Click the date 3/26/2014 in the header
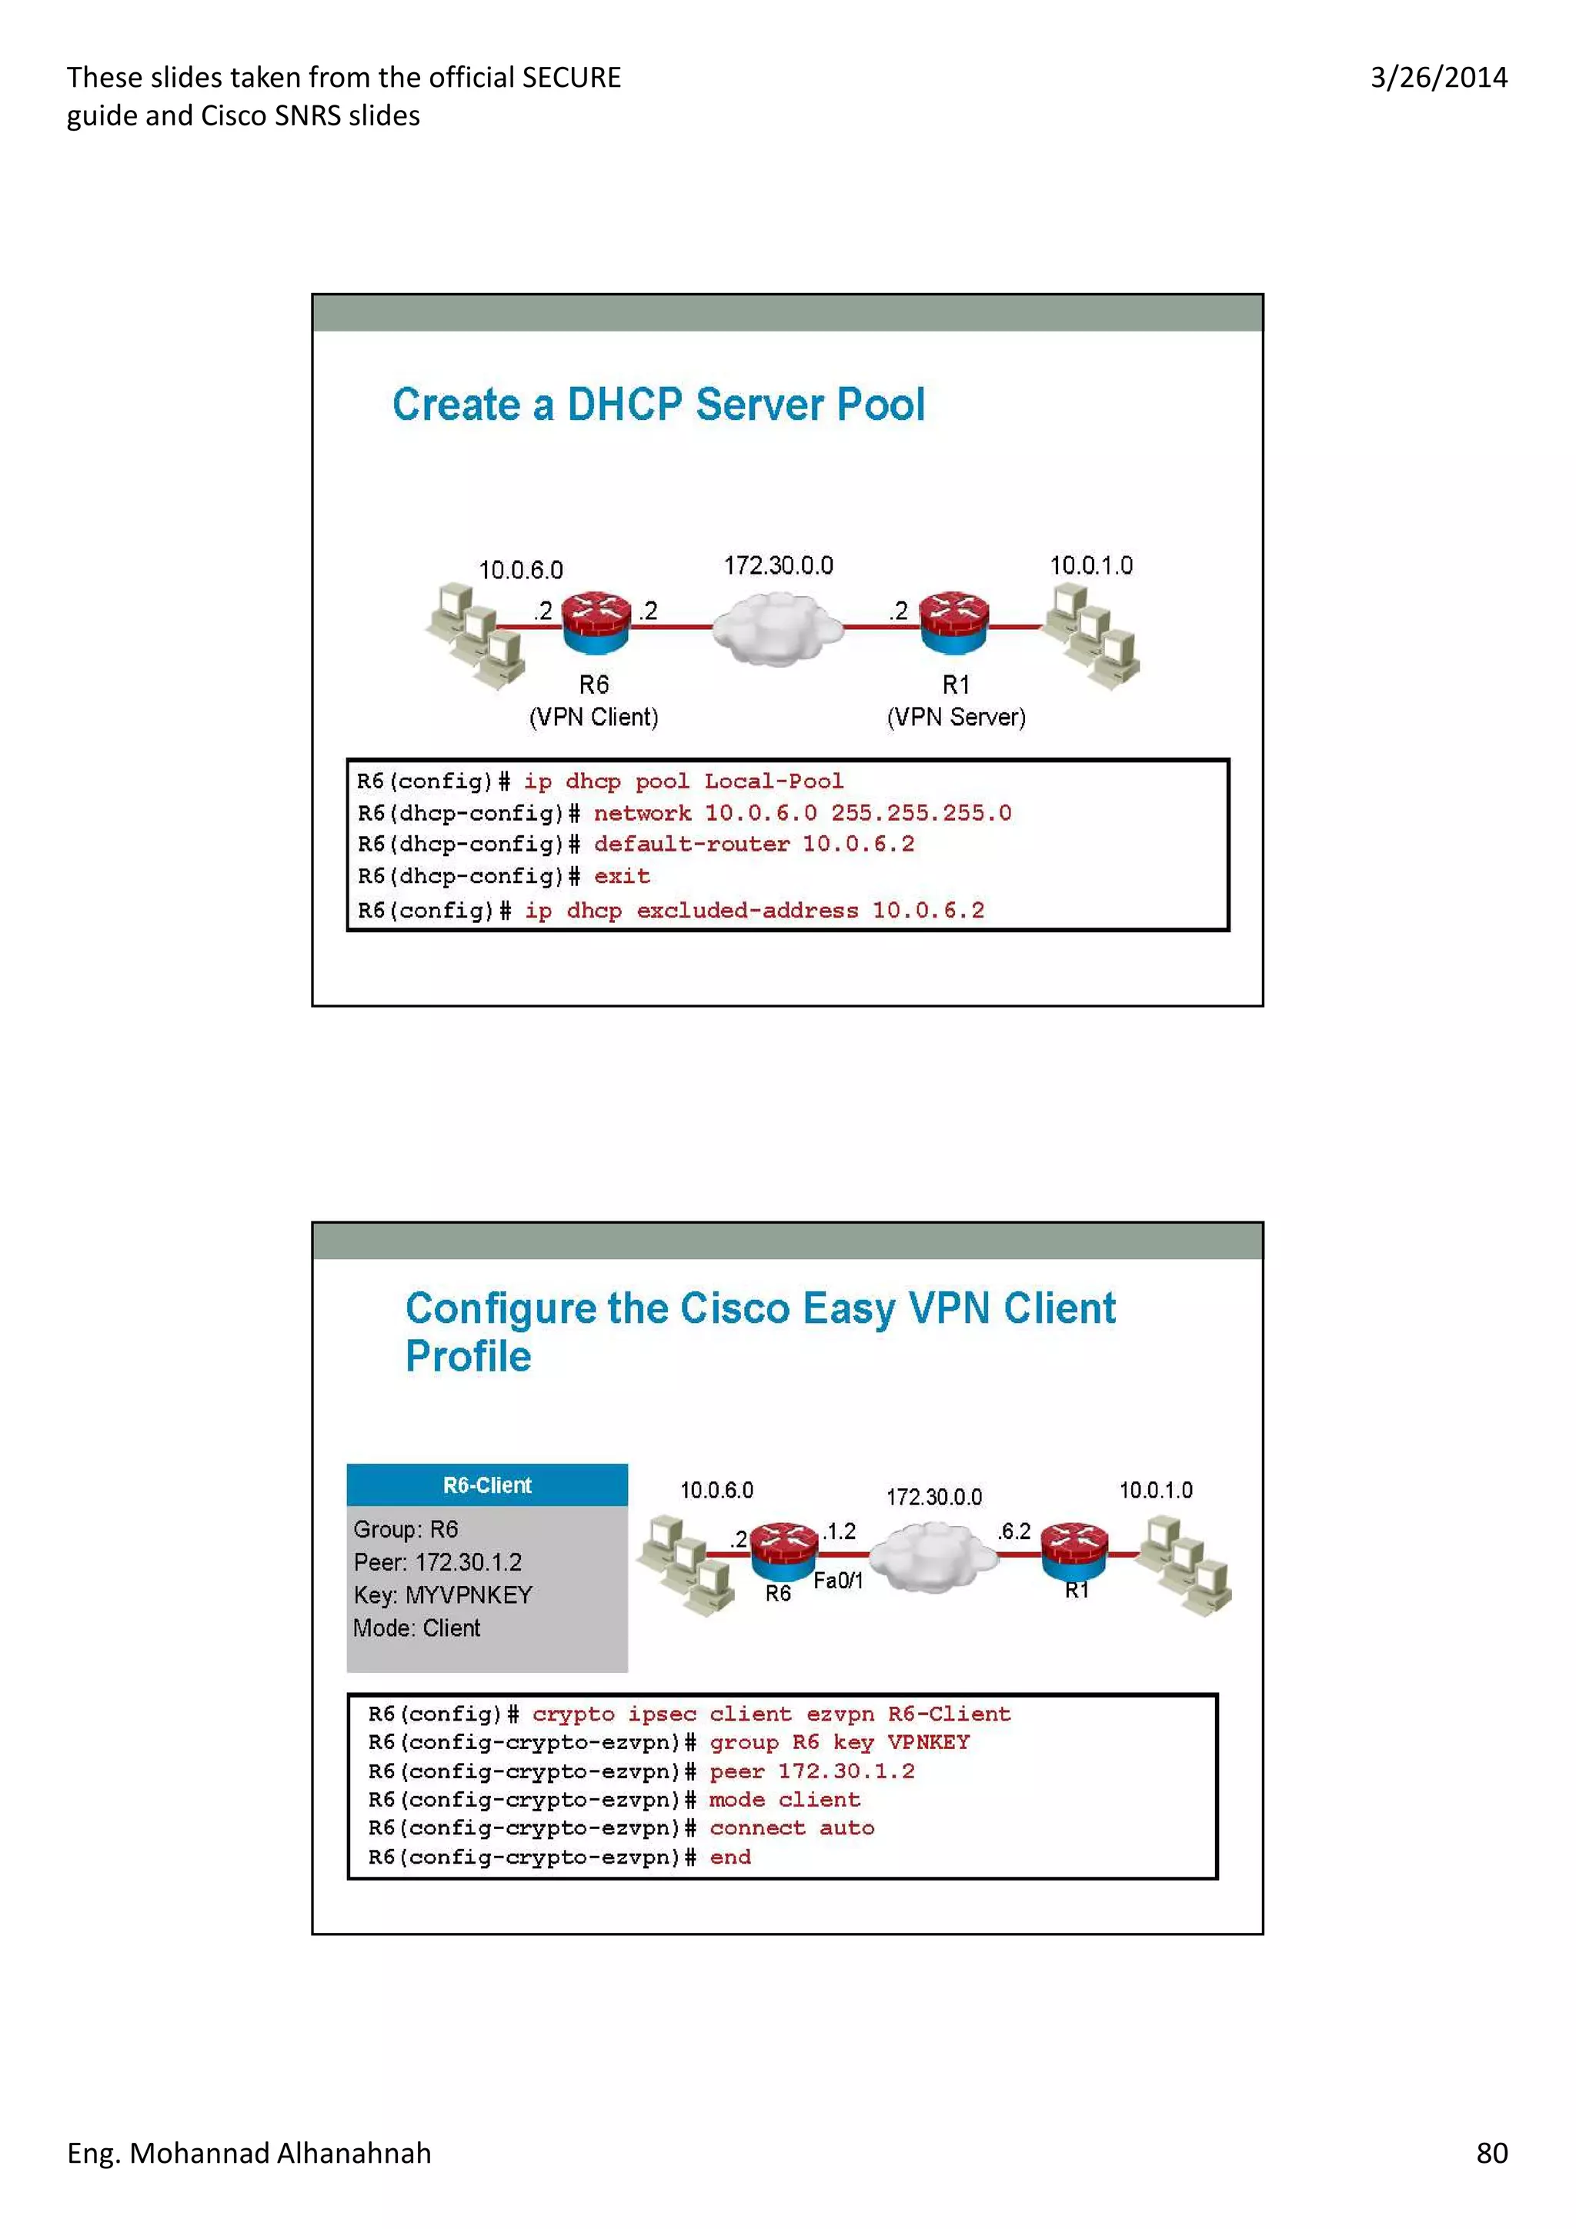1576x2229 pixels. click(1438, 78)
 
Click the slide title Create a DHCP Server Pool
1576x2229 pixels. click(659, 405)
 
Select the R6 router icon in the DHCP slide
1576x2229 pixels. click(596, 623)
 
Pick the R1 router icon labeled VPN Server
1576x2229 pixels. click(953, 622)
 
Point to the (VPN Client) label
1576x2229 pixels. click(593, 718)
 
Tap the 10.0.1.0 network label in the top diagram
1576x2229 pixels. click(1090, 565)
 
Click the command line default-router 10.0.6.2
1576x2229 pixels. click(753, 845)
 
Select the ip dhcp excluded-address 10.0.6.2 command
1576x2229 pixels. click(754, 911)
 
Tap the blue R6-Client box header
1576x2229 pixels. click(486, 1485)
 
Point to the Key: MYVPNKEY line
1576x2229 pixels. click(442, 1595)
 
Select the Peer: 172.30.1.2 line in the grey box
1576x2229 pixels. click(437, 1562)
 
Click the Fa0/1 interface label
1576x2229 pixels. click(837, 1581)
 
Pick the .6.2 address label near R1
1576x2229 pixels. click(1013, 1531)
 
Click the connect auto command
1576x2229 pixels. click(791, 1828)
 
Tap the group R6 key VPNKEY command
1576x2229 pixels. click(839, 1743)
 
